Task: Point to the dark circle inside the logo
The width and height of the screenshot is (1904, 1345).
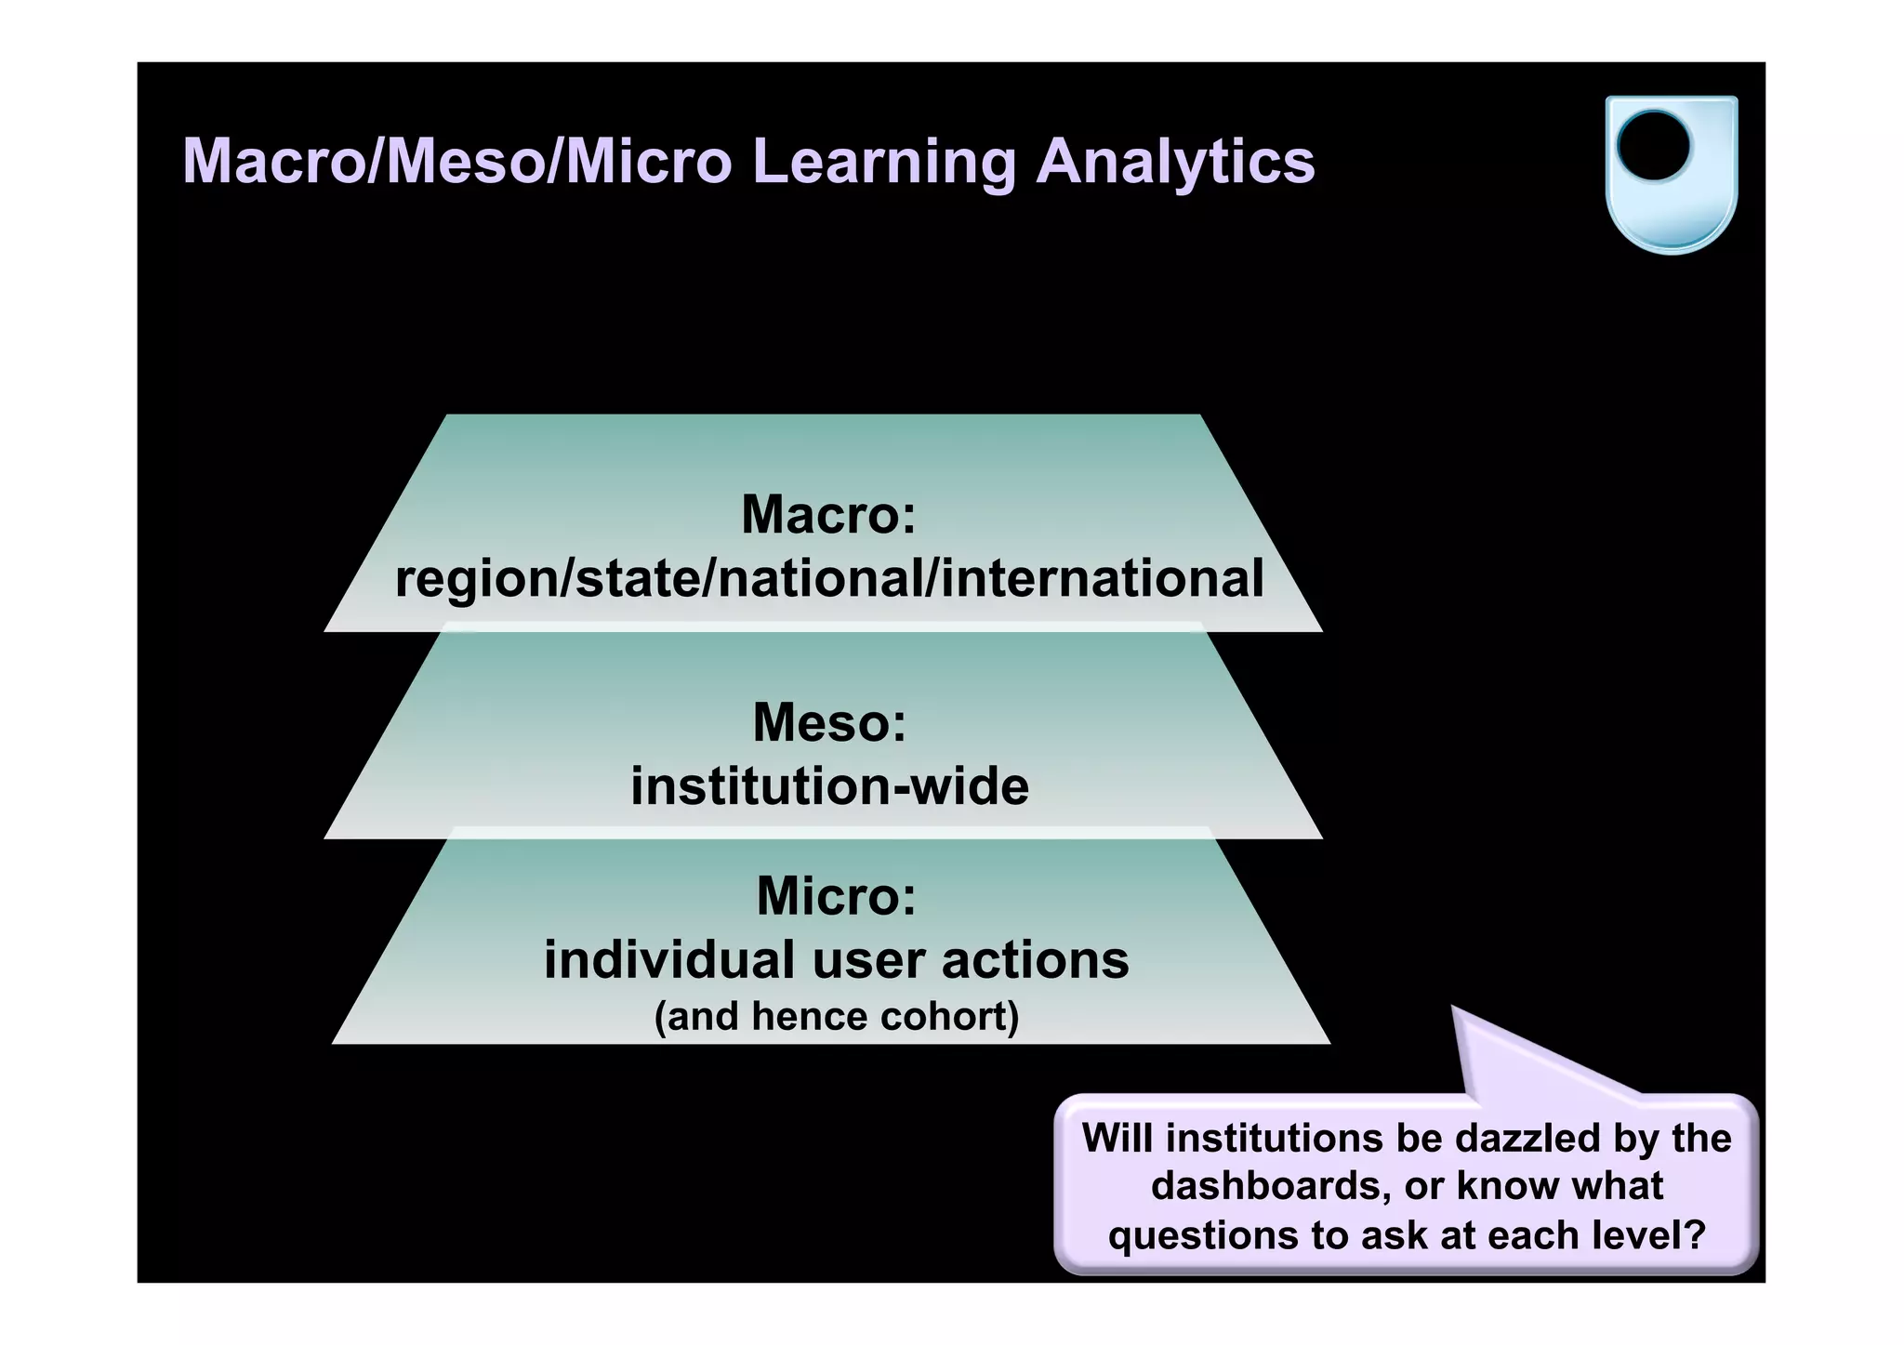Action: point(1653,147)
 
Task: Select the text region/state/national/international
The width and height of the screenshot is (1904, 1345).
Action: point(828,578)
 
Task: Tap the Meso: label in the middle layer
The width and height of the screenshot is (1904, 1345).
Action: point(829,722)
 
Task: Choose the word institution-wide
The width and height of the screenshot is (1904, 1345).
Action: point(829,786)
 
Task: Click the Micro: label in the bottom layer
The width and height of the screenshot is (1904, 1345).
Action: point(836,896)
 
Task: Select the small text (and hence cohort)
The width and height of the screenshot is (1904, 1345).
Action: point(836,1016)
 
